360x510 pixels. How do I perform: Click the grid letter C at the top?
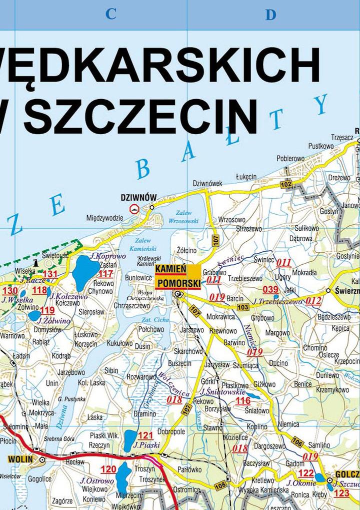point(110,15)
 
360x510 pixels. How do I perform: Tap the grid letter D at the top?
point(270,15)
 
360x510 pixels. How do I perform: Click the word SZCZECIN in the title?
point(140,116)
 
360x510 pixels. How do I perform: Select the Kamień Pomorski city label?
point(177,277)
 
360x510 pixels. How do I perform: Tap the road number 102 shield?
point(286,184)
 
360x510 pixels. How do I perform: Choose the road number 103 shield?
point(243,307)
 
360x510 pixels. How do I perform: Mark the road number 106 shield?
point(297,442)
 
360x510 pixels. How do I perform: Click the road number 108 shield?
point(219,485)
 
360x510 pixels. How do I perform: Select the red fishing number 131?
point(50,274)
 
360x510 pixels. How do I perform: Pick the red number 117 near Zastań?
point(105,274)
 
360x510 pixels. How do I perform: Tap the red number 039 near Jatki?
point(270,289)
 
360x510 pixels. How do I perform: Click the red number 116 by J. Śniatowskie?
point(243,400)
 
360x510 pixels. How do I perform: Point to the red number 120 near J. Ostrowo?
point(108,469)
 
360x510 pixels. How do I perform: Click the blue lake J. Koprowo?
point(85,271)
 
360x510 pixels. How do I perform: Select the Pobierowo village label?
point(290,158)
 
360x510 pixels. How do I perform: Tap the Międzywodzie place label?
point(104,218)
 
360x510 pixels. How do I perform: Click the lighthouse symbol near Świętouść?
point(36,262)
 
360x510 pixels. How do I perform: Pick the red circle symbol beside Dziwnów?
point(134,209)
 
